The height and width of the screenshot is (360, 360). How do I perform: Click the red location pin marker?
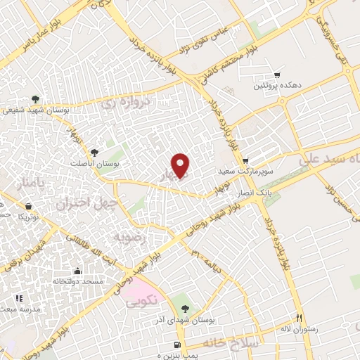point(181,165)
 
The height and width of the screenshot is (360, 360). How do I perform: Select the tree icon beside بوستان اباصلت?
point(95,152)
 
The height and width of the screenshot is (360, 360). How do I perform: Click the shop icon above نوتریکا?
point(27,206)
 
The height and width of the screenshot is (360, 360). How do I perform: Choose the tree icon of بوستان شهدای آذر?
point(185,308)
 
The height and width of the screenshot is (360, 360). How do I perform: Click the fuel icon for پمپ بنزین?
point(178,345)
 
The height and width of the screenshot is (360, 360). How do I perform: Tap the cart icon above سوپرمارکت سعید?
point(246,160)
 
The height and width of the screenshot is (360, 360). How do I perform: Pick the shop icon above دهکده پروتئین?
point(278,75)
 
